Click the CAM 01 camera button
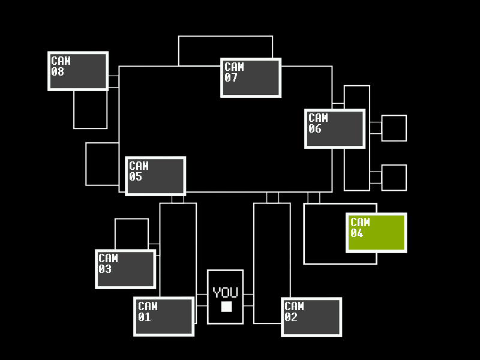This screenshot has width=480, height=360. pos(164,316)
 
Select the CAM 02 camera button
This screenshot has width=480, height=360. pos(311,316)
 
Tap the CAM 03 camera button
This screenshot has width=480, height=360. pos(125,269)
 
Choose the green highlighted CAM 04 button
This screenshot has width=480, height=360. pos(376,233)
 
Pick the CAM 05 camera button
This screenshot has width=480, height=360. pos(155,176)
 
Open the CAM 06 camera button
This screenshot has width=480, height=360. pos(335,128)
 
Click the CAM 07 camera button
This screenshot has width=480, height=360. pos(251,77)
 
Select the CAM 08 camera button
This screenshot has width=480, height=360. pos(78,71)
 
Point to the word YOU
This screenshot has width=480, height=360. pos(226,293)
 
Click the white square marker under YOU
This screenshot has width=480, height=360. pos(226,307)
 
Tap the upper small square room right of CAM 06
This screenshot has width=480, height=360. pos(394,128)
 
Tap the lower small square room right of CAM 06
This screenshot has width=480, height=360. pos(394,178)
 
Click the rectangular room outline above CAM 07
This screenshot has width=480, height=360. pos(225,48)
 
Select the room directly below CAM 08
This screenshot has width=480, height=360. pos(91,110)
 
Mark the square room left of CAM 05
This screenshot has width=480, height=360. pos(102,164)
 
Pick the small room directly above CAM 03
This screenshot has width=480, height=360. pos(131,233)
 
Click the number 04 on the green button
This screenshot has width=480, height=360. pos(356,233)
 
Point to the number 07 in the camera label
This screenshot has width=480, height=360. pos(231,78)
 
